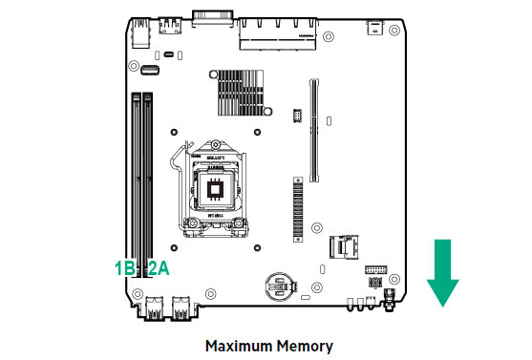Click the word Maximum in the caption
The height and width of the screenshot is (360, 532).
tap(243, 345)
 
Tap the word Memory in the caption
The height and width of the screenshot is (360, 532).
tap(307, 345)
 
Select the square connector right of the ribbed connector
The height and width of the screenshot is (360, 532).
tap(341, 247)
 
